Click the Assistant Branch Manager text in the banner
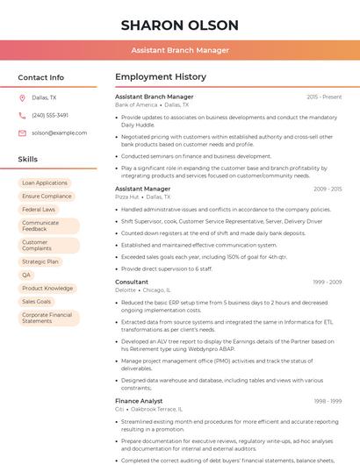pos(179,50)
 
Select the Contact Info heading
pos(40,77)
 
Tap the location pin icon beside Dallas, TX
pos(22,98)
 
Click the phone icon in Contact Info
pos(22,115)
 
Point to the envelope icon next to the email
pos(22,132)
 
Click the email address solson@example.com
pos(59,132)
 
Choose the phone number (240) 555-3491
pos(50,115)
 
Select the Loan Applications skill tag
pos(45,183)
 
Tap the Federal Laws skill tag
pos(39,210)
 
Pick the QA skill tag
pos(26,275)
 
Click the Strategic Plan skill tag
pos(40,261)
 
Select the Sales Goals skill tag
pos(37,301)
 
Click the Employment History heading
pos(160,77)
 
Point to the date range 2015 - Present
pos(324,97)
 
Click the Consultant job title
pos(132,282)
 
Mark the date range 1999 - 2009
pos(327,282)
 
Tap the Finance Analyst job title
pos(139,401)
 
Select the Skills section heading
pos(27,160)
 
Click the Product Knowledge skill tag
pos(47,288)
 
